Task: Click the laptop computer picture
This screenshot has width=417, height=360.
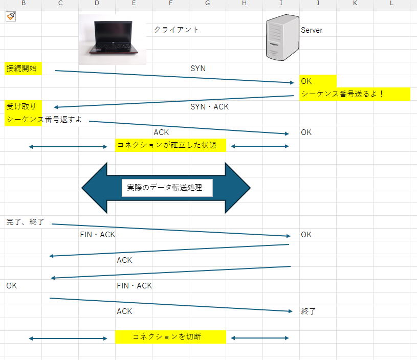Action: point(113,39)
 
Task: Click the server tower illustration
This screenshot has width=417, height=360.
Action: point(282,37)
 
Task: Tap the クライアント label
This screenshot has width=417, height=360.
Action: point(177,30)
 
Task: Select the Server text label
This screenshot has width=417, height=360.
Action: point(312,30)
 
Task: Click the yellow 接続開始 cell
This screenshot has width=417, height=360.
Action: point(23,69)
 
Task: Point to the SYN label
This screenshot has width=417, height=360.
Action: point(198,69)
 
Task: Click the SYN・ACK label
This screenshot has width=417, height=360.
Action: point(209,106)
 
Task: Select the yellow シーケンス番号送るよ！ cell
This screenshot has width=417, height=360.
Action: point(355,94)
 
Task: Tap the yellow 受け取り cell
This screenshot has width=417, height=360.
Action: point(23,106)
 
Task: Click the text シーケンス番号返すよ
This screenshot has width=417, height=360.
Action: point(44,119)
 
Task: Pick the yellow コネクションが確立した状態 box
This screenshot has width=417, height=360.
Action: point(170,145)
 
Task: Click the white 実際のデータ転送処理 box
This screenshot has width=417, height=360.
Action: point(167,188)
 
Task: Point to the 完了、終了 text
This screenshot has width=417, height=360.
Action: point(25,222)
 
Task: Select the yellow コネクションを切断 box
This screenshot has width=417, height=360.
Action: point(170,337)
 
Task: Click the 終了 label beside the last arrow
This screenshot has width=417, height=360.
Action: point(308,311)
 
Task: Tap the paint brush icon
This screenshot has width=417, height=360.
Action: point(11,16)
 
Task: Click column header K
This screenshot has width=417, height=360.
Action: point(355,3)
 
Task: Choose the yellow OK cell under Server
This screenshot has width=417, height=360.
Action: point(318,81)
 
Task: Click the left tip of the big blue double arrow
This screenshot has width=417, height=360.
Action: point(82,188)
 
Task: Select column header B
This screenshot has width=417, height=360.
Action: point(24,3)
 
